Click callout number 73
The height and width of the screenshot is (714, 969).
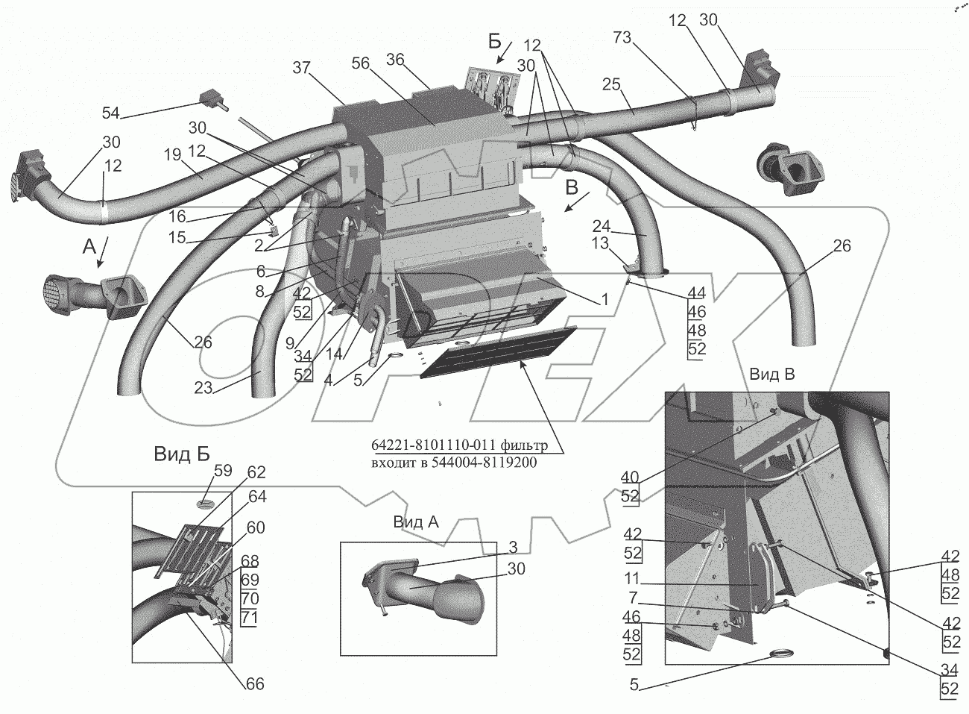[622, 37]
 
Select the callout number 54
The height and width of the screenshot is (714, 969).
[111, 113]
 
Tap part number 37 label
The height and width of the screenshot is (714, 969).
[302, 68]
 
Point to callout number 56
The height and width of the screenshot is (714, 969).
[360, 63]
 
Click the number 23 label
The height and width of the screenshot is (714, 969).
[203, 387]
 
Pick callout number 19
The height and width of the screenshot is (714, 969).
[173, 154]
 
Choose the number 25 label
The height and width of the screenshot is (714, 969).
[611, 84]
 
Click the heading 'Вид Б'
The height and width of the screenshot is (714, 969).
[182, 454]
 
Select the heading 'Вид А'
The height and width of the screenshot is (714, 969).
[416, 522]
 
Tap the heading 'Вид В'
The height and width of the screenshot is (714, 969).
[772, 374]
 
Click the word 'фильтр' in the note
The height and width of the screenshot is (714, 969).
[523, 445]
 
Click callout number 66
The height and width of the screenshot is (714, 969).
[254, 684]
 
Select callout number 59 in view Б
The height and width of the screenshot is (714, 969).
[223, 470]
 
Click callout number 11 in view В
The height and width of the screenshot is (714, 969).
[632, 578]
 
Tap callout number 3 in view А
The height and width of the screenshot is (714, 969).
[513, 548]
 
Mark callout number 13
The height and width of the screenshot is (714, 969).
[601, 243]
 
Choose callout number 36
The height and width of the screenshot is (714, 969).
[395, 60]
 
